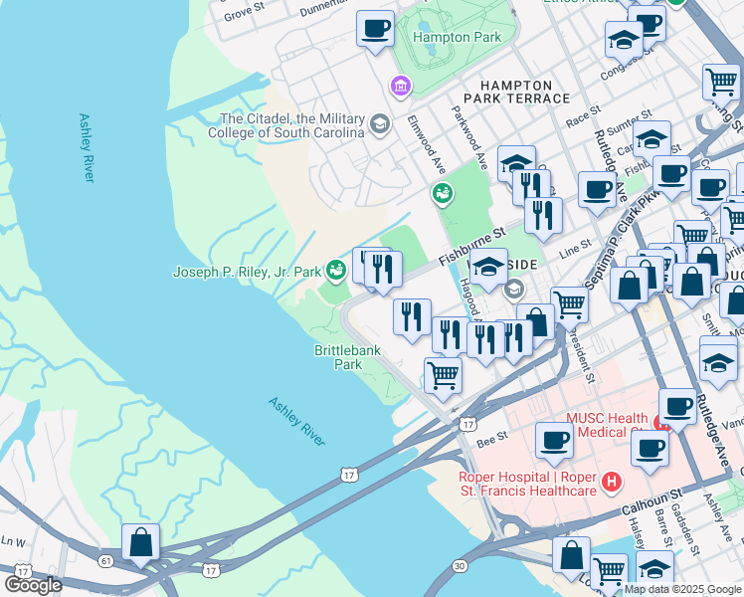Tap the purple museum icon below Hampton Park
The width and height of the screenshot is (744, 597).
click(x=401, y=88)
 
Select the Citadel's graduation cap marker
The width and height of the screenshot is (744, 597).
click(x=378, y=124)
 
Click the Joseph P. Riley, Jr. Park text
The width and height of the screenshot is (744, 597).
click(x=247, y=271)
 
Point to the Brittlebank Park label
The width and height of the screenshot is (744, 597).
click(x=339, y=357)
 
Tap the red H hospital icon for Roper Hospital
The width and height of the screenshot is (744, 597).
click(x=612, y=483)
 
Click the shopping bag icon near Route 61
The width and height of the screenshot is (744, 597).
click(x=140, y=543)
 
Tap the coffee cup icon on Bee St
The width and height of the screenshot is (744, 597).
click(x=553, y=439)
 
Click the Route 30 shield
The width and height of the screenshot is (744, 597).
click(x=459, y=565)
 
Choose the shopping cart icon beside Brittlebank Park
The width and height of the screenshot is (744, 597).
click(x=443, y=375)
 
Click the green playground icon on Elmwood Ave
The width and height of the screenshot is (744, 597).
click(x=440, y=194)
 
